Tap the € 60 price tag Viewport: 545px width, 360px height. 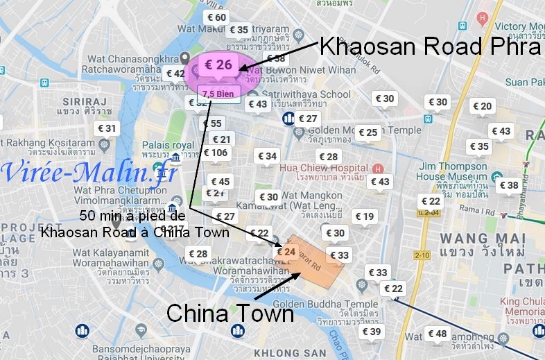pos(216,17)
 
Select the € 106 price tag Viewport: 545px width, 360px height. pos(214,153)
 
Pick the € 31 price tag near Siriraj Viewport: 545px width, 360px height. pos(107,128)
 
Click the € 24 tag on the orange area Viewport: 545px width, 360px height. pos(286,252)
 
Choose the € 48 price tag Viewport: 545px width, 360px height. pos(438,334)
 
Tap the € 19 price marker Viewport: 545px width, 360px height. pos(365,216)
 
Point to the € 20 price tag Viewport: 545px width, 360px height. pos(482,106)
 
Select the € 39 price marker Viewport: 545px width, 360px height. pos(372,332)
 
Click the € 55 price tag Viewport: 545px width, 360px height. pos(213,123)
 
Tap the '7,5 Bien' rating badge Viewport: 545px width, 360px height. pos(219,93)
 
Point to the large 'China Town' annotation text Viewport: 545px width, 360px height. pos(230,314)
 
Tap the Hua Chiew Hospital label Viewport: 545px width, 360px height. pos(325,168)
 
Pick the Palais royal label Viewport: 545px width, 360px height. pos(160,145)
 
